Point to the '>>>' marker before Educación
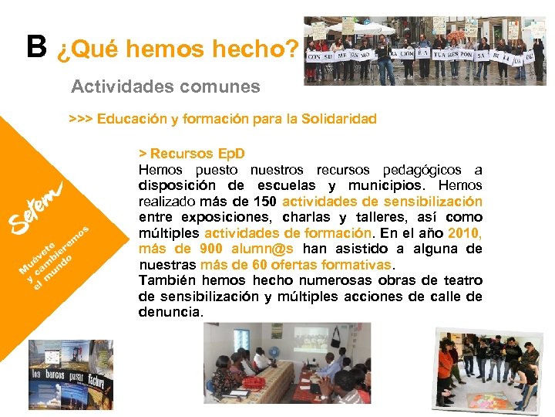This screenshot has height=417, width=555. click(80, 119)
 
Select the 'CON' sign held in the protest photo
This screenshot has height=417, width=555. click(315, 56)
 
